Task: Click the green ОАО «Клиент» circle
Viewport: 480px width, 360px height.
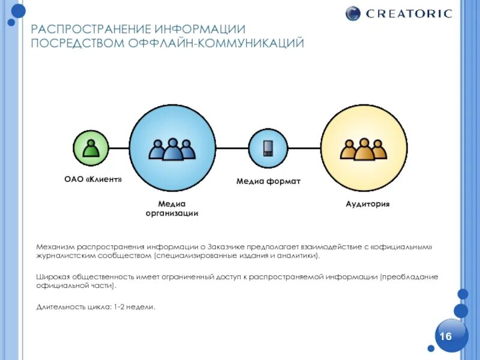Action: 91,148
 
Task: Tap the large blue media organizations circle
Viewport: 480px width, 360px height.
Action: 172,148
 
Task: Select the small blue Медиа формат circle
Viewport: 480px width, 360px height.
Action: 268,148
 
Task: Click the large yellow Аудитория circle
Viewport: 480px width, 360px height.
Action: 364,148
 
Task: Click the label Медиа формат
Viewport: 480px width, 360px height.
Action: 268,181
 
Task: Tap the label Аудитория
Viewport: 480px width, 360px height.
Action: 367,204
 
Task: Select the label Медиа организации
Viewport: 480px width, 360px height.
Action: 172,208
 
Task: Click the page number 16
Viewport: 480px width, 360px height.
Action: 446,336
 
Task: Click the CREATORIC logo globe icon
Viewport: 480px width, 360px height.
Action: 354,13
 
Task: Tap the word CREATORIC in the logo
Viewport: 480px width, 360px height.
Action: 408,13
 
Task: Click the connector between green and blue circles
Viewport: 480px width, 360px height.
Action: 119,148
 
